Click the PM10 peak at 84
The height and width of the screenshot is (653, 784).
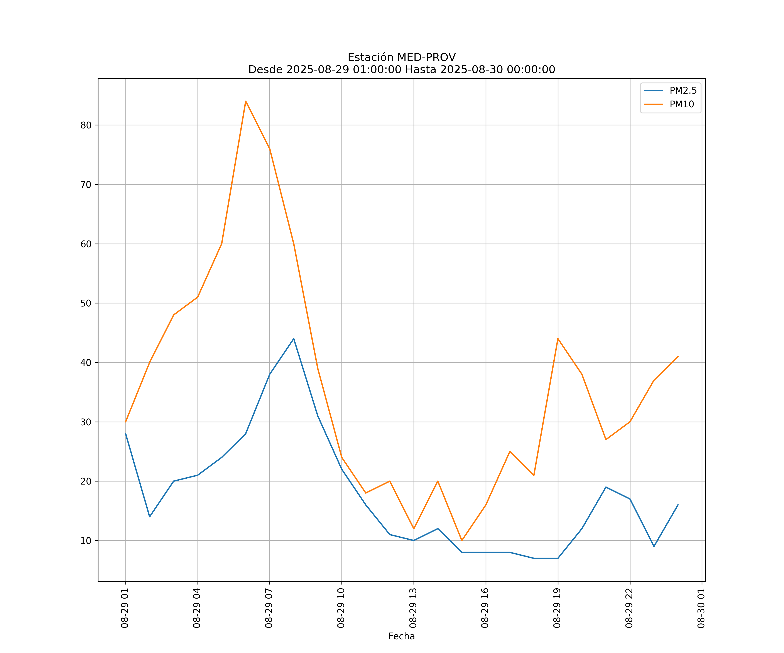[x=246, y=101]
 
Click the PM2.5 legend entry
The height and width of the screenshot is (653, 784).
[x=683, y=91]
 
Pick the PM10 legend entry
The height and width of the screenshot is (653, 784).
[x=682, y=104]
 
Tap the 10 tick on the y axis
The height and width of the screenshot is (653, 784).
[x=86, y=541]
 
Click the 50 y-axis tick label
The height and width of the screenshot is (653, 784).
[x=86, y=303]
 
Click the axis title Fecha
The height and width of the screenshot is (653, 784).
[x=401, y=636]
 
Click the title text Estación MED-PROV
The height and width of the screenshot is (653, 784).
[x=401, y=57]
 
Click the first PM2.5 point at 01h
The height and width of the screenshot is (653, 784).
[x=126, y=434]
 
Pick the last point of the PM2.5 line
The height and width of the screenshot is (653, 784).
[x=678, y=505]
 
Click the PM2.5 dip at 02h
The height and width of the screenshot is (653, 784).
[x=150, y=517]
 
